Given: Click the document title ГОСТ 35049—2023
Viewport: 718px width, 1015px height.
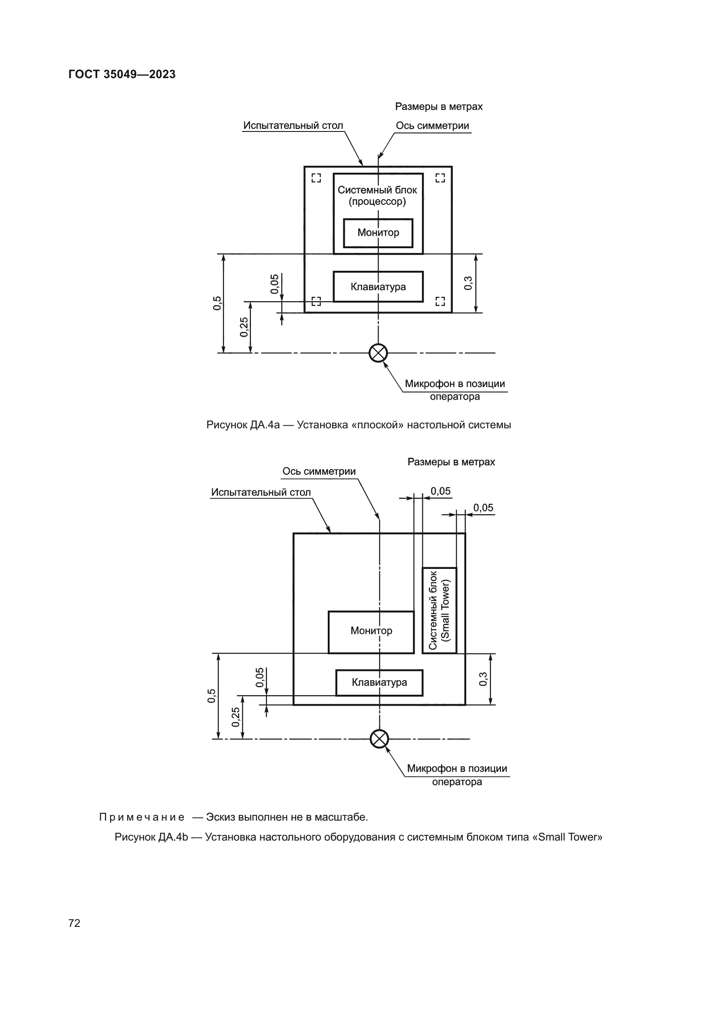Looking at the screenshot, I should click(122, 74).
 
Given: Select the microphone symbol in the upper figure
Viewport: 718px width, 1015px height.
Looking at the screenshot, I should click(378, 353).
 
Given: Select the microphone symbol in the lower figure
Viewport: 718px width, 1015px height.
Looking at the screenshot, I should click(379, 739).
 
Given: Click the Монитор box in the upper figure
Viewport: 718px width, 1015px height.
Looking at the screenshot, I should click(378, 233).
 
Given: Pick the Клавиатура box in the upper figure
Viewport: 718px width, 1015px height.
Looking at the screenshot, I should click(378, 286).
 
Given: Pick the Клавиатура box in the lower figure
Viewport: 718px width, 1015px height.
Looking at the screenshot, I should click(379, 682).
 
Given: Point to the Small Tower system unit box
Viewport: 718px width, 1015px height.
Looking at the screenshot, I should click(439, 610).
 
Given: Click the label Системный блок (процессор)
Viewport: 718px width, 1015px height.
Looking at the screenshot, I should click(377, 195).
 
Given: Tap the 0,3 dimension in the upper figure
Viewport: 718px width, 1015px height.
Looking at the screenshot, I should click(468, 283).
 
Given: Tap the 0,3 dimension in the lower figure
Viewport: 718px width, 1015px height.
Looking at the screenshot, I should click(483, 679).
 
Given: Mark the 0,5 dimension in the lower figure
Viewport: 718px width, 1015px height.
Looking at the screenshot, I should click(212, 695).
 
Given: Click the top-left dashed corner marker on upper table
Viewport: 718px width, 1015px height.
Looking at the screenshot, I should click(316, 178).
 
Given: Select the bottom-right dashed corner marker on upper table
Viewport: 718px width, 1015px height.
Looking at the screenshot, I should click(440, 302).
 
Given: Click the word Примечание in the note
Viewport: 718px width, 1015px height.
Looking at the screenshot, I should click(142, 817).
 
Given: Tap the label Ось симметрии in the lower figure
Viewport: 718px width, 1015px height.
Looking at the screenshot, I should click(319, 471).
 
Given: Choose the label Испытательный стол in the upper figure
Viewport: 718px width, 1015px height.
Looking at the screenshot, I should click(293, 125).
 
